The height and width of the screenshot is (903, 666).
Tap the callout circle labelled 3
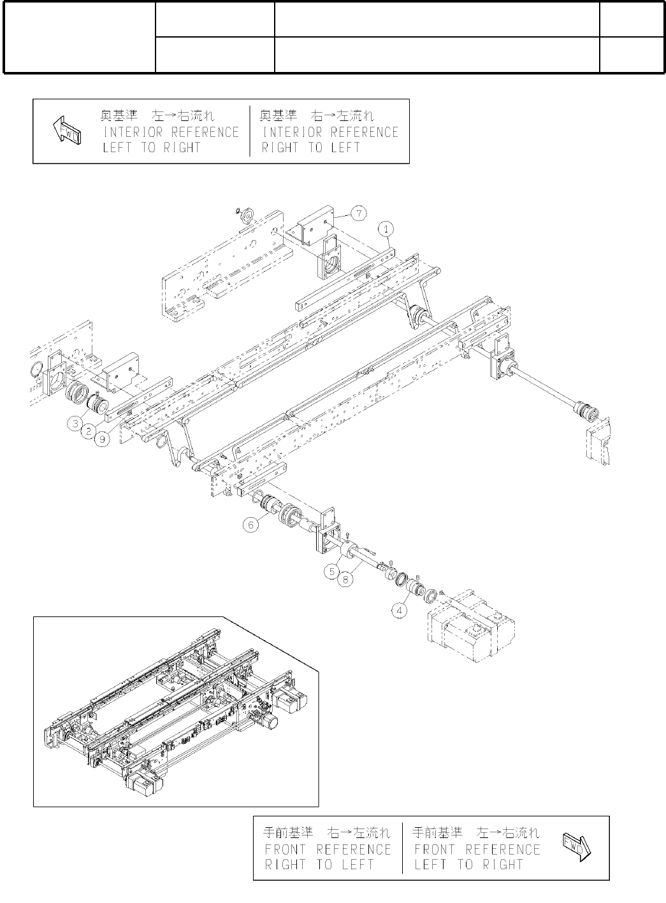[76, 422]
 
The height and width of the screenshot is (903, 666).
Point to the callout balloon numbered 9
[102, 439]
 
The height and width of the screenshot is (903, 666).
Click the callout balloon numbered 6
[251, 525]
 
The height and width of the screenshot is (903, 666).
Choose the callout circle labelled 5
[331, 571]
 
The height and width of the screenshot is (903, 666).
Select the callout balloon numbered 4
[399, 609]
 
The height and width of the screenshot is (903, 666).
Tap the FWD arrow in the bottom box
[577, 847]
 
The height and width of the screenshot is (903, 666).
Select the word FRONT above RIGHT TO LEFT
[286, 850]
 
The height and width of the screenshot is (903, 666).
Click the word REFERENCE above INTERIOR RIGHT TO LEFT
[364, 132]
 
